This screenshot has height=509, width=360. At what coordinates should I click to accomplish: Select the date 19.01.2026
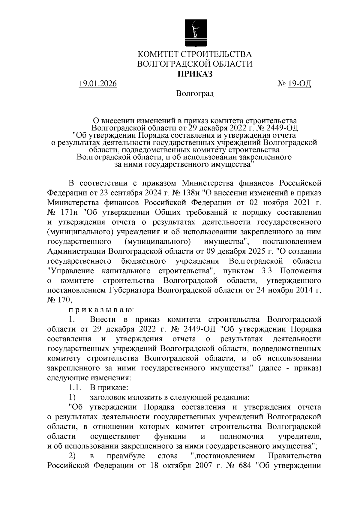97,84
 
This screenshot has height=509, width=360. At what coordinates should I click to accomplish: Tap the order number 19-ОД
299,84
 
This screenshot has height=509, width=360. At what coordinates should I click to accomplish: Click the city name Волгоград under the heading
195,94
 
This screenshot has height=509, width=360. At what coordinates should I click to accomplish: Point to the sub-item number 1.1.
73,388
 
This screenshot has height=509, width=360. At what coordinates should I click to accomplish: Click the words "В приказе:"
109,388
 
